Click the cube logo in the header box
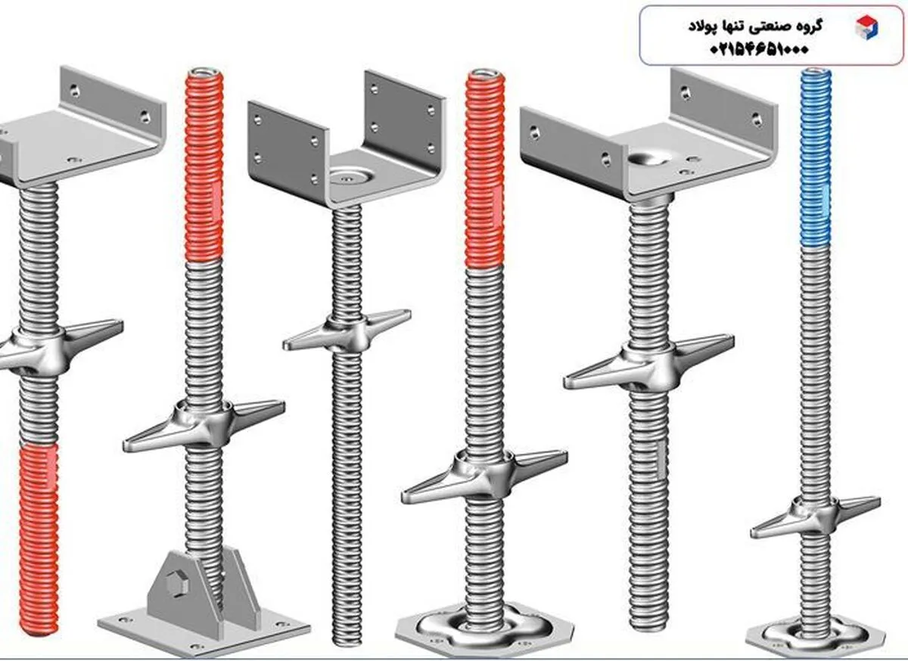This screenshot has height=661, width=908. (866, 27)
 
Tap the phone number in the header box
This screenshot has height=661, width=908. (759, 50)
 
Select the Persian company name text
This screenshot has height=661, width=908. (755, 26)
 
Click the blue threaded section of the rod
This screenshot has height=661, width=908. (816, 157)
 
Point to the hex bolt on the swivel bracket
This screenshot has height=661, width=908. (175, 585)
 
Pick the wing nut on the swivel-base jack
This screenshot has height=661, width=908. (204, 424)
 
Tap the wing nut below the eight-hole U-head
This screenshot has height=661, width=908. (347, 330)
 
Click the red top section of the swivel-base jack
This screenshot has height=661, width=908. (204, 166)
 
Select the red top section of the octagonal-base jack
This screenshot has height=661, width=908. (484, 169)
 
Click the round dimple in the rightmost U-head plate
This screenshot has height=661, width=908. (649, 159)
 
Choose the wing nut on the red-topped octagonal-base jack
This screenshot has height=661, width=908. (484, 476)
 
